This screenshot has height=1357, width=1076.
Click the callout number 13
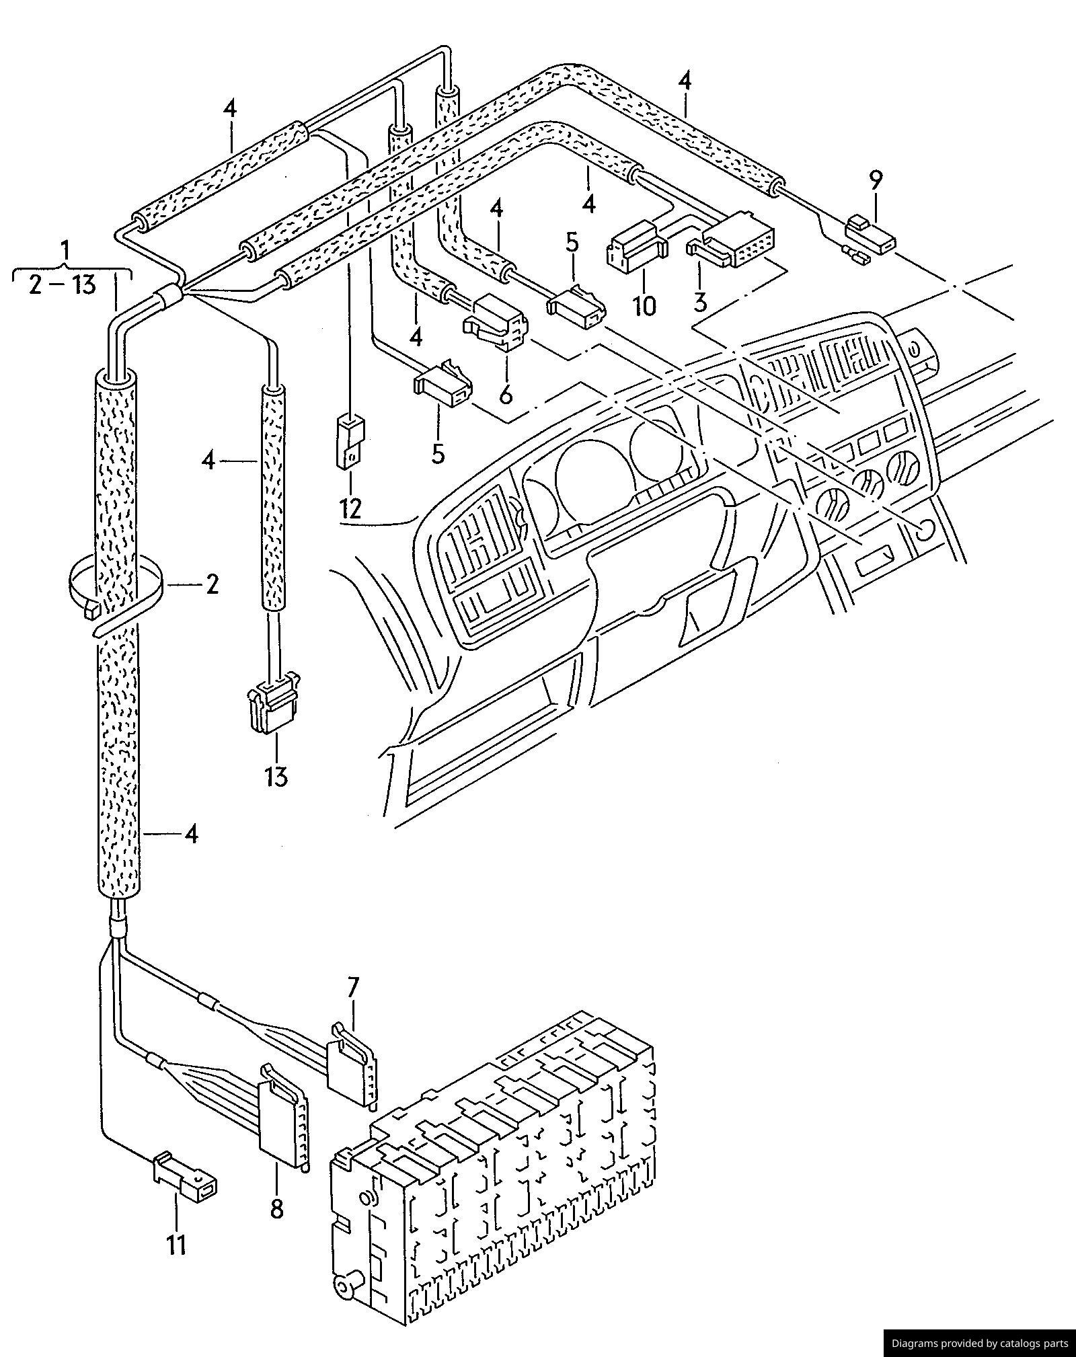(x=276, y=776)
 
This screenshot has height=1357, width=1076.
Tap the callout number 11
(x=176, y=1245)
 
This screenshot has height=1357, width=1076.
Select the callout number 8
(x=276, y=1210)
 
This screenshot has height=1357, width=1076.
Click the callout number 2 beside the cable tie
(x=212, y=584)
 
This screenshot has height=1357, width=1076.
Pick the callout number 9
(x=876, y=180)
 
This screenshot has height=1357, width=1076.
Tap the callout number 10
(x=644, y=306)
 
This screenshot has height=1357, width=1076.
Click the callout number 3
(x=700, y=302)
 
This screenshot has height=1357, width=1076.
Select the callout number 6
(x=506, y=393)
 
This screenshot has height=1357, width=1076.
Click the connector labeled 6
(x=495, y=321)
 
